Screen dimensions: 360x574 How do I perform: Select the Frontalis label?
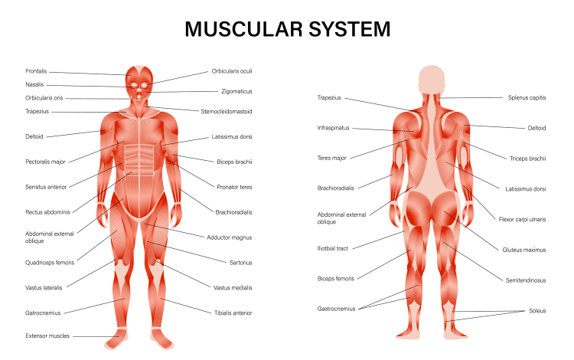[38, 71]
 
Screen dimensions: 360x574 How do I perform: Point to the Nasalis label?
[35, 85]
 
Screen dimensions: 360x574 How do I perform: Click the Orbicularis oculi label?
[232, 71]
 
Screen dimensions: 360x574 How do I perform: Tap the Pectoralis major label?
[46, 162]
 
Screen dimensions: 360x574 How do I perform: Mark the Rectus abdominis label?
[47, 211]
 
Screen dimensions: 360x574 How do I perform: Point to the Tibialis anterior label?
[232, 313]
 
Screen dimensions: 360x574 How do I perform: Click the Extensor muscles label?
[47, 336]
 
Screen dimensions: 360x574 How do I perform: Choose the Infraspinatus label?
[334, 128]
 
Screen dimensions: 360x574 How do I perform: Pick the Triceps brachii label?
[527, 159]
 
